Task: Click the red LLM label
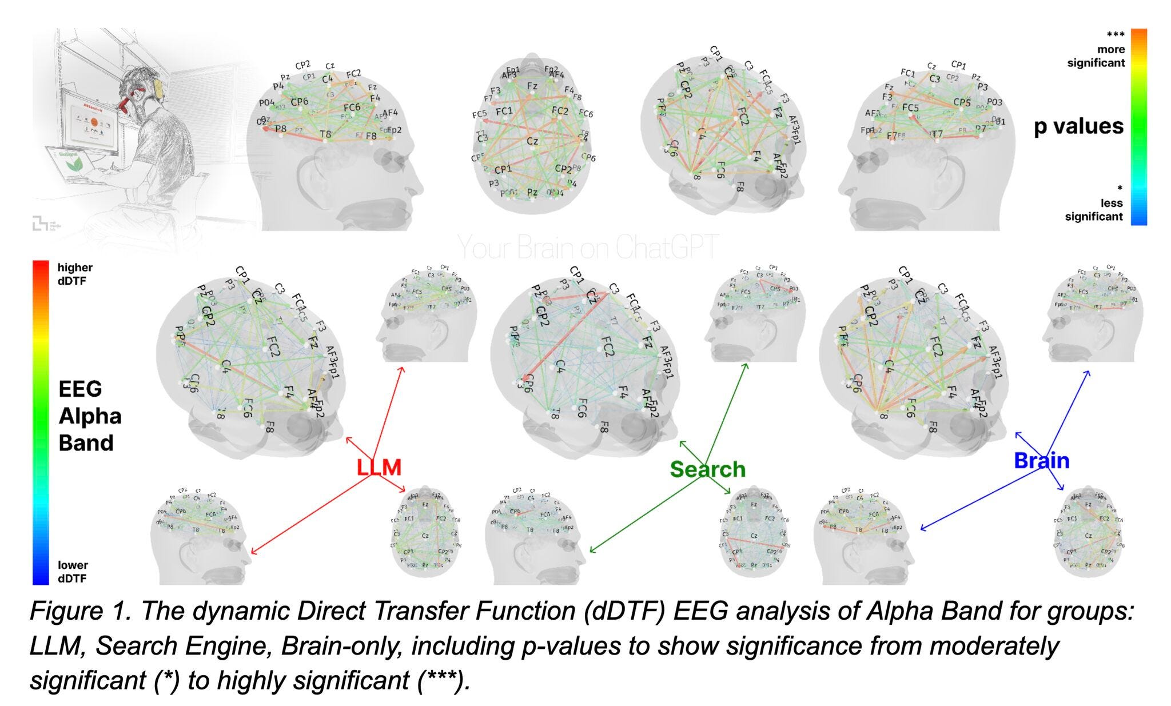(x=379, y=467)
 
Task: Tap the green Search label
(x=707, y=469)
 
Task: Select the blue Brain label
(x=1041, y=460)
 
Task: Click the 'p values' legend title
(x=1078, y=126)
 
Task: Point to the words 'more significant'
(x=1096, y=56)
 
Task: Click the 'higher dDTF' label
(x=75, y=274)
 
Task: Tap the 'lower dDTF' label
(x=72, y=572)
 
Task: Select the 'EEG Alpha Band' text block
(x=90, y=416)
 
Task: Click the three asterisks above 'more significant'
(x=1116, y=35)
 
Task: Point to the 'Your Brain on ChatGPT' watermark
(x=588, y=248)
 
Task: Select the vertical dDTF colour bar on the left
(x=41, y=422)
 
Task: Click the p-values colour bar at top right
(x=1138, y=127)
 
